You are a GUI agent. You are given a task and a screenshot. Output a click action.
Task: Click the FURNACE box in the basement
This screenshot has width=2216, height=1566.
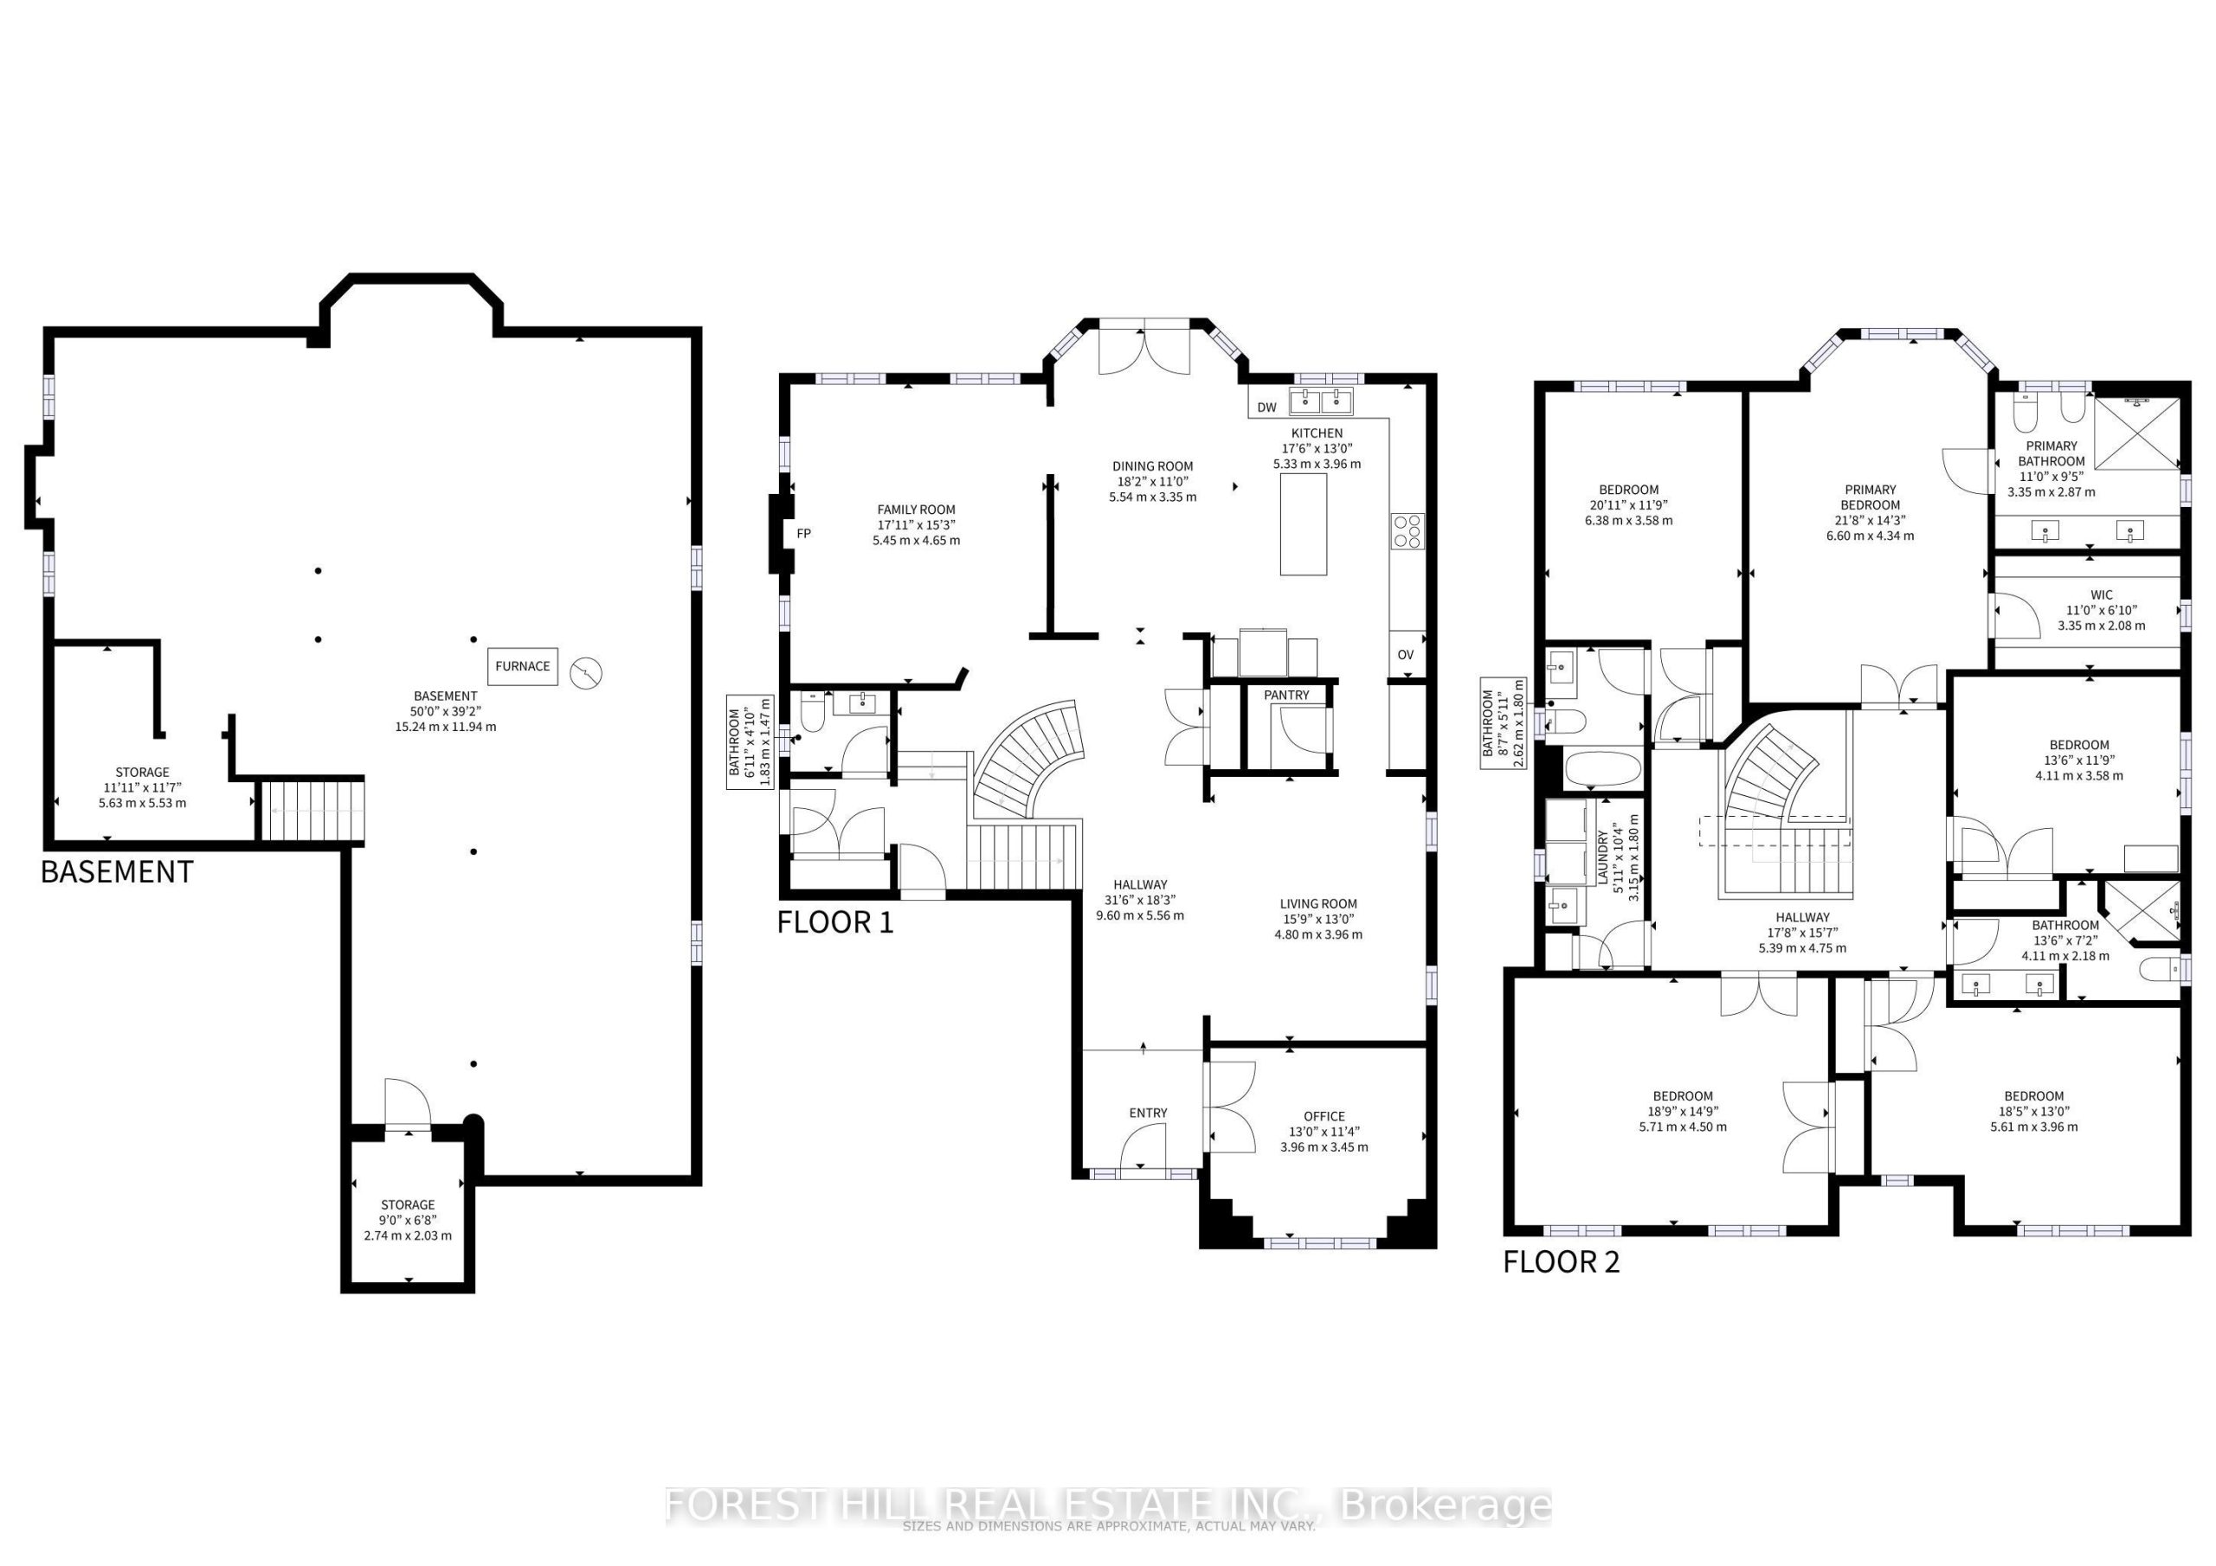522,666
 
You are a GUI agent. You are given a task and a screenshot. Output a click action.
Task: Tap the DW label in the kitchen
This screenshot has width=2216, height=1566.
1266,408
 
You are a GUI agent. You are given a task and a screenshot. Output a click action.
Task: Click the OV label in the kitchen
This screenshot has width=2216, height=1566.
1405,654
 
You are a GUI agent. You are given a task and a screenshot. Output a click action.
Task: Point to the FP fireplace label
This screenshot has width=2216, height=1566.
803,533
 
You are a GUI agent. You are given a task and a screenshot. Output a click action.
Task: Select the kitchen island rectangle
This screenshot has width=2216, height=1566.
1303,524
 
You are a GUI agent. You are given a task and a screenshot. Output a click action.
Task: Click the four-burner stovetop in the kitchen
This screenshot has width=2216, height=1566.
1407,531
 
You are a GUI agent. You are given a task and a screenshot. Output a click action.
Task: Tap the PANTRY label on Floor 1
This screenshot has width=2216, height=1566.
1286,695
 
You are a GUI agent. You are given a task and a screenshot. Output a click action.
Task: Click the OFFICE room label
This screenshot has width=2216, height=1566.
1324,1115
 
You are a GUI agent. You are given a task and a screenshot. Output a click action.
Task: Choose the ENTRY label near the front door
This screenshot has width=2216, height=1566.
1148,1113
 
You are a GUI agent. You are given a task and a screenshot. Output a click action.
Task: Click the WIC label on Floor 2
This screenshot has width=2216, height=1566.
2101,594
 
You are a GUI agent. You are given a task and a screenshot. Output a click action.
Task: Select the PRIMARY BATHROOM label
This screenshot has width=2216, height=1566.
2051,453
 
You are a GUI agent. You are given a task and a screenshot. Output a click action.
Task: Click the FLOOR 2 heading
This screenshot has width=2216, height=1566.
1561,1261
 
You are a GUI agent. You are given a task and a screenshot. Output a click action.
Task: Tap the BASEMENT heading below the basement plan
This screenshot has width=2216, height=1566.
117,871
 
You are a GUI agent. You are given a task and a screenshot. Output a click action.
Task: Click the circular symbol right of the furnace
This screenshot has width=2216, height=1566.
585,671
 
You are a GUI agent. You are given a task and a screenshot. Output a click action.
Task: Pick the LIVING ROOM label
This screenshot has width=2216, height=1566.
1318,904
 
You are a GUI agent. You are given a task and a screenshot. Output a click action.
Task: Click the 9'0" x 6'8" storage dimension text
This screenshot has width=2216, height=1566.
408,1220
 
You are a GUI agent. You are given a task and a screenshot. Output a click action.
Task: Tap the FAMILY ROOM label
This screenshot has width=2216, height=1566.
916,510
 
